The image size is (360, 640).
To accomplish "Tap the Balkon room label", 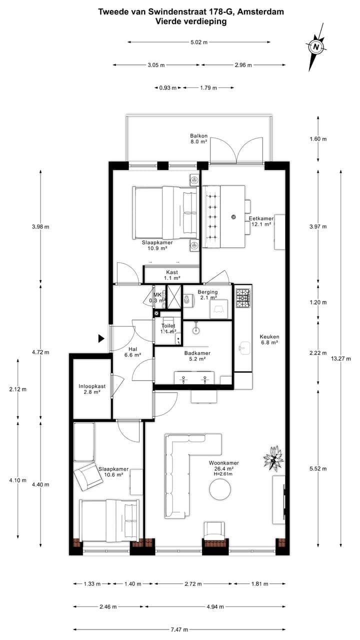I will (x=198, y=138).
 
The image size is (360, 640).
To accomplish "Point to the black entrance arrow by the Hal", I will (x=101, y=338).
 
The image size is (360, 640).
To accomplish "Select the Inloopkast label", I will (x=92, y=389).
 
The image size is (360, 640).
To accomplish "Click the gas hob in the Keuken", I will (x=243, y=298).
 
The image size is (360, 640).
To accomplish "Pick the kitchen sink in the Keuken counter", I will (x=244, y=347).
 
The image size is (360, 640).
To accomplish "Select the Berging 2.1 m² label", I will (x=207, y=295).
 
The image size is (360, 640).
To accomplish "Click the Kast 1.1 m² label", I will (x=172, y=274).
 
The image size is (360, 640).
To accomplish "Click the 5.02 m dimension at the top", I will (x=198, y=42).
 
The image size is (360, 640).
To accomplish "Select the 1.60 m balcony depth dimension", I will (x=318, y=139).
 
